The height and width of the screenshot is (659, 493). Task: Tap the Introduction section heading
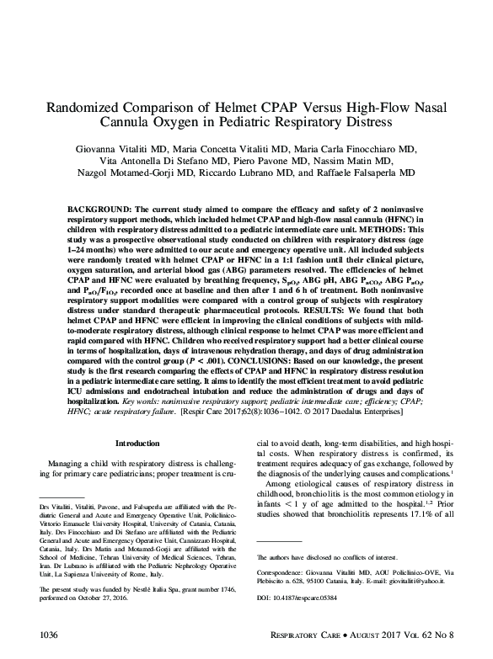click(137, 443)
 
